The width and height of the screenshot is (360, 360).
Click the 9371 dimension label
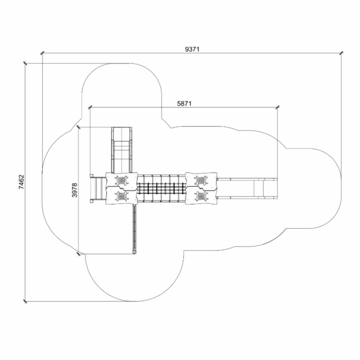pyautogui.click(x=192, y=49)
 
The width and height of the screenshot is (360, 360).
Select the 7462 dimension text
pyautogui.click(x=21, y=182)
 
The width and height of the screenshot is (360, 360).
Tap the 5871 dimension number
pyautogui.click(x=184, y=104)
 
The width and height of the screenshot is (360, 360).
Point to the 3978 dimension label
pyautogui.click(x=75, y=190)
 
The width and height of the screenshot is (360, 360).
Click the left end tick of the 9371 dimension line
pyautogui.click(x=42, y=53)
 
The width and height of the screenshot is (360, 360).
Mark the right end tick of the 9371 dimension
pyautogui.click(x=342, y=53)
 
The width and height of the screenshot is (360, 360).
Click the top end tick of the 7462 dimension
pyautogui.click(x=25, y=63)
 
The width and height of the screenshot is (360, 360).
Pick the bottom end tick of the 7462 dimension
pyautogui.click(x=25, y=301)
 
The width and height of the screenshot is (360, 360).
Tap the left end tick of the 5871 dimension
pyautogui.click(x=90, y=107)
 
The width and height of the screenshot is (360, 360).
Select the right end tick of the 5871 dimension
pyautogui.click(x=278, y=107)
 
